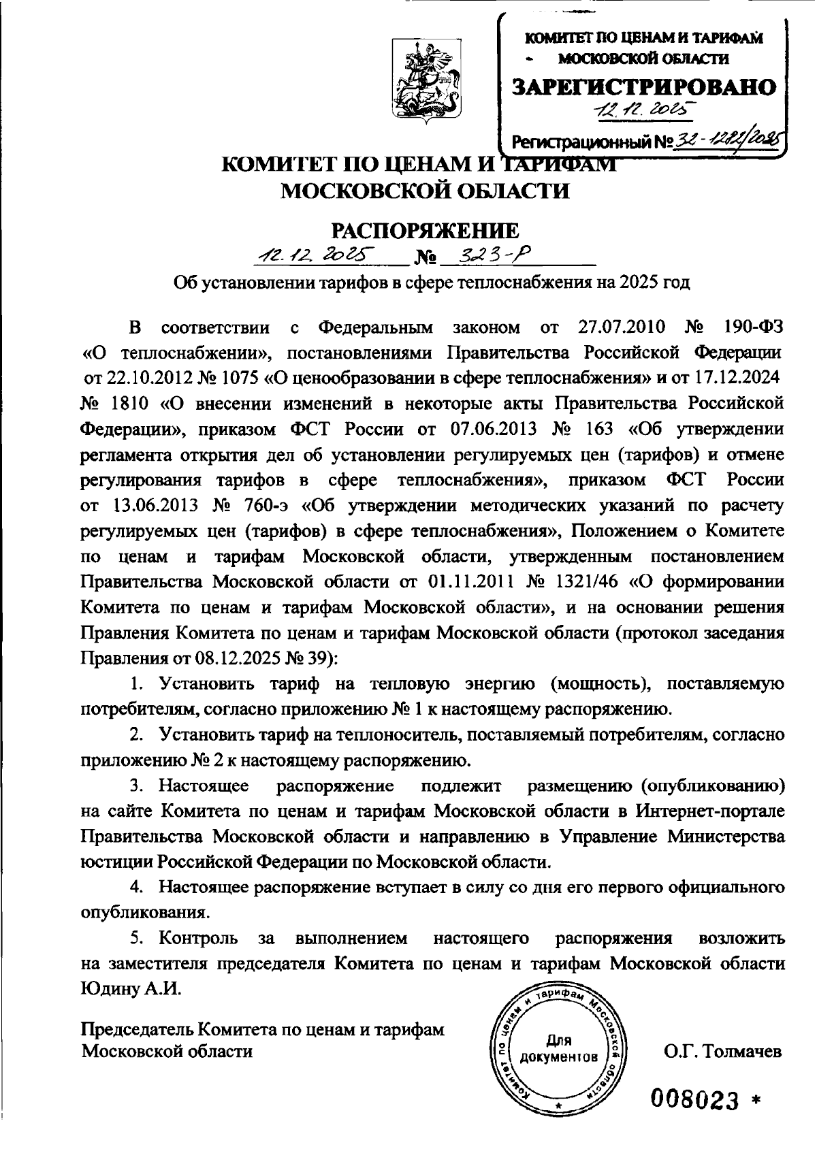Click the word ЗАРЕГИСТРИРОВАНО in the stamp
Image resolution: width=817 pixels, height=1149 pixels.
[643, 86]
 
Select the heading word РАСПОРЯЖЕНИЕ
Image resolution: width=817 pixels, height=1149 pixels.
[425, 230]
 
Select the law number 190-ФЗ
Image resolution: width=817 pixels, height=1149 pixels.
[754, 327]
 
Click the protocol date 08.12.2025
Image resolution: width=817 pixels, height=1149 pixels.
[258, 658]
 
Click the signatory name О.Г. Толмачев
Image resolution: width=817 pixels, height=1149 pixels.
[722, 1052]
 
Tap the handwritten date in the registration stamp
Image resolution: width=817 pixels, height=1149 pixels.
[641, 109]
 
